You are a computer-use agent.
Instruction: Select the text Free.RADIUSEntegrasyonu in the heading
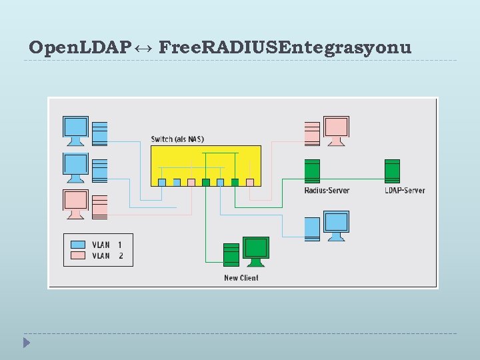tap(285, 47)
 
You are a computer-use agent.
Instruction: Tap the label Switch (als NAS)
tap(177, 139)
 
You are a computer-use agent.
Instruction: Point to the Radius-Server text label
tap(327, 191)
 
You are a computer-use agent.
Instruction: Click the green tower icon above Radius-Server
tap(312, 171)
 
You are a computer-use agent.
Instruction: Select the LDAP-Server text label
tap(405, 191)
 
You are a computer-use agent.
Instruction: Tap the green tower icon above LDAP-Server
tap(392, 171)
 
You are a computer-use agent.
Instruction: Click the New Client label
tap(241, 278)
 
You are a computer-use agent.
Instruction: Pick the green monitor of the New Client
tap(256, 249)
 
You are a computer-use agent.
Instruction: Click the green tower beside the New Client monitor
tap(231, 255)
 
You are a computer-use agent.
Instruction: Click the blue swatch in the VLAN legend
tap(78, 245)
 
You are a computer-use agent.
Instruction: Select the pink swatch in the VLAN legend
tap(78, 255)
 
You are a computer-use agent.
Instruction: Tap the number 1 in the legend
tap(120, 245)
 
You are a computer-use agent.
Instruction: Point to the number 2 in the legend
tap(120, 255)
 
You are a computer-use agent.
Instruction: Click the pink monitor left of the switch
tap(75, 202)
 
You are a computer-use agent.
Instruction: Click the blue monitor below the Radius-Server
tap(336, 225)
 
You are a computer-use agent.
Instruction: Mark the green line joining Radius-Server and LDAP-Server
tap(353, 179)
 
